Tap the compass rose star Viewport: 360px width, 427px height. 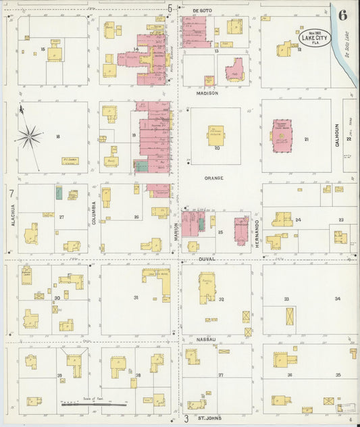pyautogui.click(x=29, y=136)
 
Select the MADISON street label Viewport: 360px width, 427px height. pyautogui.click(x=208, y=93)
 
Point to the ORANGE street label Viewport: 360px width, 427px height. pyautogui.click(x=213, y=178)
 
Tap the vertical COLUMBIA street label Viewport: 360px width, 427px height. pyautogui.click(x=94, y=213)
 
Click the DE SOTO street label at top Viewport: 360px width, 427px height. pyautogui.click(x=202, y=11)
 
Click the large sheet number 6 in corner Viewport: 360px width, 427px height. pyautogui.click(x=343, y=15)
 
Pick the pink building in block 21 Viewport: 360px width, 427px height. pyautogui.click(x=282, y=134)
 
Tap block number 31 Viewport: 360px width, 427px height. pyautogui.click(x=136, y=297)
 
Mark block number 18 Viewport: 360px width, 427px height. pyautogui.click(x=58, y=136)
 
